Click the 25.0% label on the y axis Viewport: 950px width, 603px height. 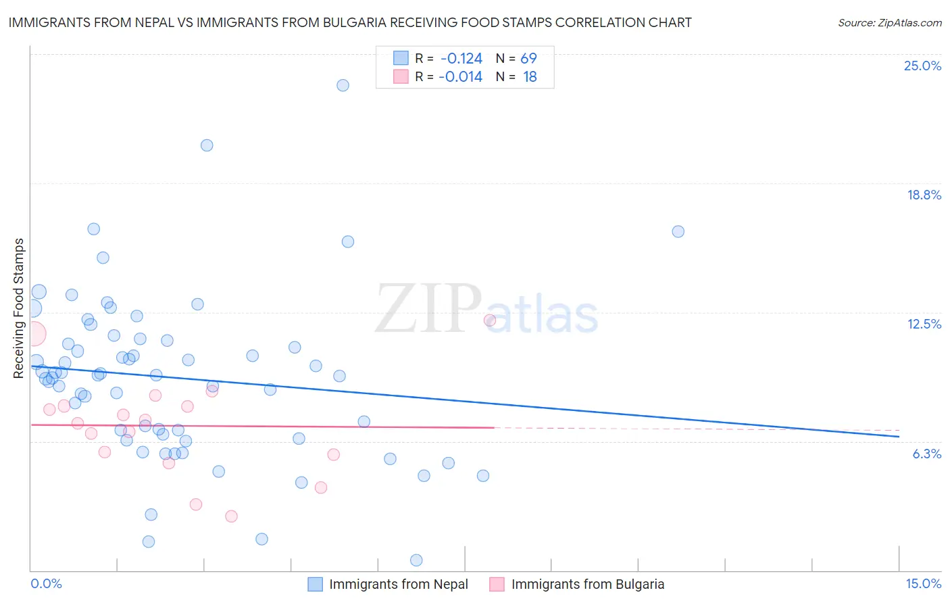coord(922,66)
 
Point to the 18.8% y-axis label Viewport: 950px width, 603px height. coord(924,195)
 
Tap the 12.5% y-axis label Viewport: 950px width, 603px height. coord(924,324)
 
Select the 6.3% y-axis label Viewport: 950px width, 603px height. coord(926,454)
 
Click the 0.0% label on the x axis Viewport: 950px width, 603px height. coord(46,583)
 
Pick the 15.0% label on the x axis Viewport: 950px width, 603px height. coord(923,583)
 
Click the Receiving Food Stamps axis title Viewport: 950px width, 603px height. coord(19,308)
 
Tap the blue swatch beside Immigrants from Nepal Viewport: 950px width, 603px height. coord(316,584)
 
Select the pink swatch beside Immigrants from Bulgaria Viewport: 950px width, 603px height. coord(497,584)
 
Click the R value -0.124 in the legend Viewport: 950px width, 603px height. coord(461,59)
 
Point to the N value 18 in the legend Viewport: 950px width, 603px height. coord(530,77)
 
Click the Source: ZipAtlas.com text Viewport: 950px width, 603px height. coord(890,23)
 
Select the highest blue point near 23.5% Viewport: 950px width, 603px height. coord(343,85)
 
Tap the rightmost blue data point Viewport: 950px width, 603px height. coord(678,231)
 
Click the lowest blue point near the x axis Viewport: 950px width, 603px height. coord(416,560)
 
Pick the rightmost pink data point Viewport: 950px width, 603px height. coord(490,320)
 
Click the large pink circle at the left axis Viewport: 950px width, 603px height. coord(32,333)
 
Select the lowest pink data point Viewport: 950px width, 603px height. coord(231,516)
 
